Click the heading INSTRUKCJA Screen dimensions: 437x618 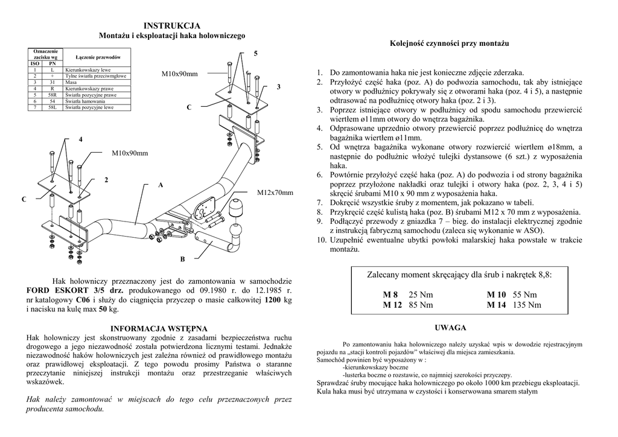coord(172,26)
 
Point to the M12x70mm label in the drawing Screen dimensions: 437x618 coord(275,193)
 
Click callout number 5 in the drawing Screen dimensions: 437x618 coord(255,54)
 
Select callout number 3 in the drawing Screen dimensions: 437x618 coord(278,88)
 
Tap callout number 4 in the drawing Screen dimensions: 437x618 coord(80,140)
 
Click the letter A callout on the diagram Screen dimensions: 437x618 coord(161,185)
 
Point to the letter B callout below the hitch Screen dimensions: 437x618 coord(182,259)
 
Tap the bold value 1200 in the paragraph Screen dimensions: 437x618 coord(273,299)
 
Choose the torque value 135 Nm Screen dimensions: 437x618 coord(527,305)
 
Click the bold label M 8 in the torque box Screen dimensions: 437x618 coord(391,295)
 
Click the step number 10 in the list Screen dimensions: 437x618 coord(320,240)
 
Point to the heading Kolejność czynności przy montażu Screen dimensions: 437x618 coord(449,44)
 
